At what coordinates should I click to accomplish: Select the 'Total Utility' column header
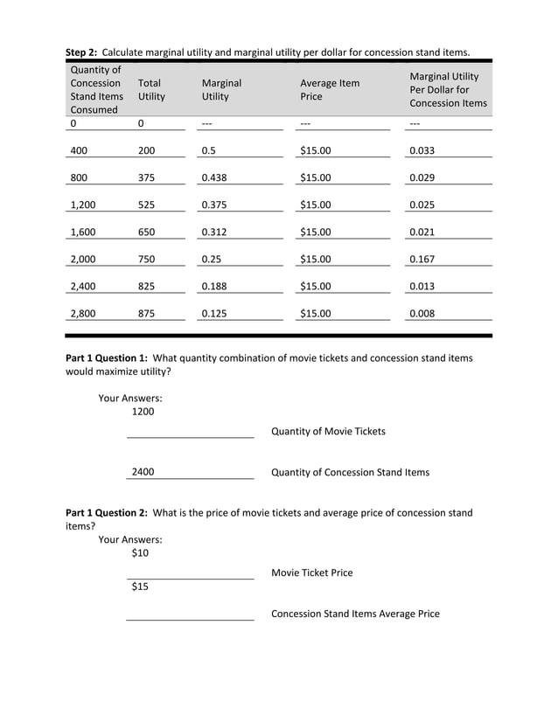150,90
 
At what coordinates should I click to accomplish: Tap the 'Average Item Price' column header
330,90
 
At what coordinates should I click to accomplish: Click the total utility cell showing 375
147,178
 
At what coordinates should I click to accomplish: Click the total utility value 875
147,314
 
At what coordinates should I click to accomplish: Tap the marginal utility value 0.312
214,233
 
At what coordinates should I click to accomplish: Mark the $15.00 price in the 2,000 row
315,260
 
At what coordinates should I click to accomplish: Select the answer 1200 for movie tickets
143,412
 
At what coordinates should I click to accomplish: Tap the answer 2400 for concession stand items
143,472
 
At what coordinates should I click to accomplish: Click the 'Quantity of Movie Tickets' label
328,432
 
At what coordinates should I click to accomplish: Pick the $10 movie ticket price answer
140,553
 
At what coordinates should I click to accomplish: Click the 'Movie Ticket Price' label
312,573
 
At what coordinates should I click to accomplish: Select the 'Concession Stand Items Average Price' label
355,614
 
